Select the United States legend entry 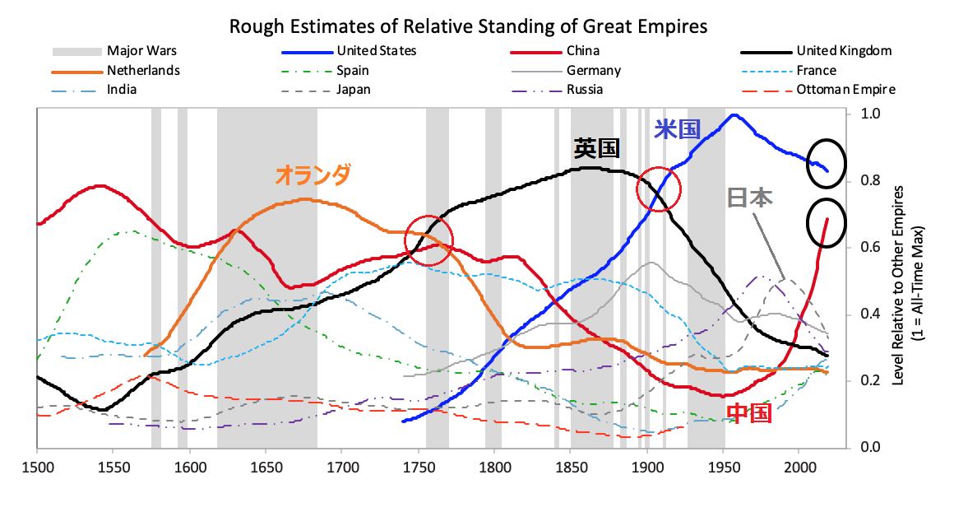click(376, 51)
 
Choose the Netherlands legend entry click(142, 70)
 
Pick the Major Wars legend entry click(141, 51)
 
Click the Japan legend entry click(353, 89)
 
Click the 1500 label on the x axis click(38, 468)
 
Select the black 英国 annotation click(597, 149)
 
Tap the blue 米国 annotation click(677, 129)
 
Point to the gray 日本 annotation click(749, 198)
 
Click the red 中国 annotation click(750, 414)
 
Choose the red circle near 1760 click(429, 240)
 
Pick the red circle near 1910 click(660, 189)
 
